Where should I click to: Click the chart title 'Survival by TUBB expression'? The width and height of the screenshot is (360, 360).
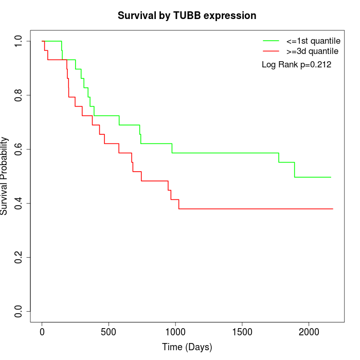coord(187,15)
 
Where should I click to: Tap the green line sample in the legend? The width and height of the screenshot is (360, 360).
coord(271,41)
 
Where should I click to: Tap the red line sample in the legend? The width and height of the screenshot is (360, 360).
coord(271,51)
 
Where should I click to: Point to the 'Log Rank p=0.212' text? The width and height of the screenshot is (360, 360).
coord(296,65)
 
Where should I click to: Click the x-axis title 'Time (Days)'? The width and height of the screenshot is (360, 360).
coord(187,347)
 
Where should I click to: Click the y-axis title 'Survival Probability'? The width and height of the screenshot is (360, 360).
coord(5,176)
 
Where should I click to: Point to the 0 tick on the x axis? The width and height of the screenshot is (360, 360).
coord(42,332)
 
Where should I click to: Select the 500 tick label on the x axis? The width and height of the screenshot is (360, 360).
coord(109,332)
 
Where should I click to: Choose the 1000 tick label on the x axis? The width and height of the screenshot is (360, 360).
coord(175,332)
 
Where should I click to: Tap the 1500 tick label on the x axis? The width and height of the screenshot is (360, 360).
coord(242,332)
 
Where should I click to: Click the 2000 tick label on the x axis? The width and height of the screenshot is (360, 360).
coord(309,332)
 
